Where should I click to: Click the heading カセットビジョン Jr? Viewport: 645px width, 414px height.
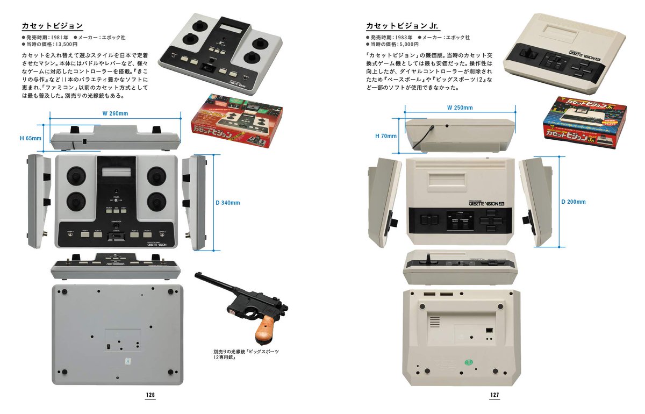pyautogui.click(x=402, y=25)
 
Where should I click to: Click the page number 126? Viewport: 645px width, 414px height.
pyautogui.click(x=150, y=395)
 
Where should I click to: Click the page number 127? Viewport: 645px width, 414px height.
pyautogui.click(x=494, y=395)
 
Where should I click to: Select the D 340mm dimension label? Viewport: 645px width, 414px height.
pyautogui.click(x=227, y=203)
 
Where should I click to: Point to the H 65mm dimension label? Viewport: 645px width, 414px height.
pyautogui.click(x=31, y=138)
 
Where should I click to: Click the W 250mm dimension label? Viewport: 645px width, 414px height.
pyautogui.click(x=460, y=108)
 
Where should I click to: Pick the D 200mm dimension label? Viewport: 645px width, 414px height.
pyautogui.click(x=573, y=202)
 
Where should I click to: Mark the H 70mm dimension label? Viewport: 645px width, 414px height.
pyautogui.click(x=385, y=136)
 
